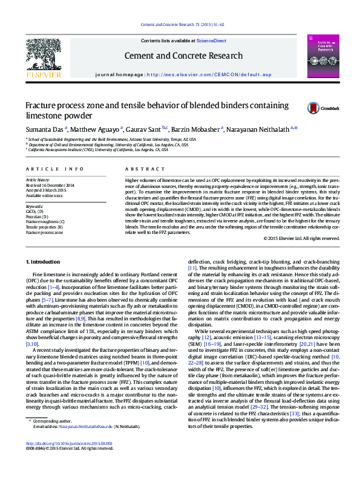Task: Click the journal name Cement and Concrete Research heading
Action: pos(180,55)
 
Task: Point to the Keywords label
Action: pos(34,206)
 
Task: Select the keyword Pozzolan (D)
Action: pos(38,216)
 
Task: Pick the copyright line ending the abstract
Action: pos(302,239)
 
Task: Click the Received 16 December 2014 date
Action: pos(50,186)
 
